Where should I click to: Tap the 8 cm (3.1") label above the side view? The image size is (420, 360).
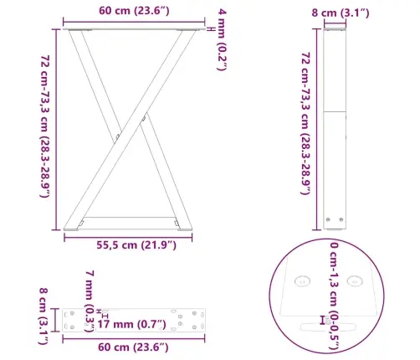pos(334,12)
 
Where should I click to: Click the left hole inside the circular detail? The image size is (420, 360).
pos(301,281)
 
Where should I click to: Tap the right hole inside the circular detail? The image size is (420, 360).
pos(353,281)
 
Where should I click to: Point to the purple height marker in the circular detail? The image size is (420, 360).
pos(323,319)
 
